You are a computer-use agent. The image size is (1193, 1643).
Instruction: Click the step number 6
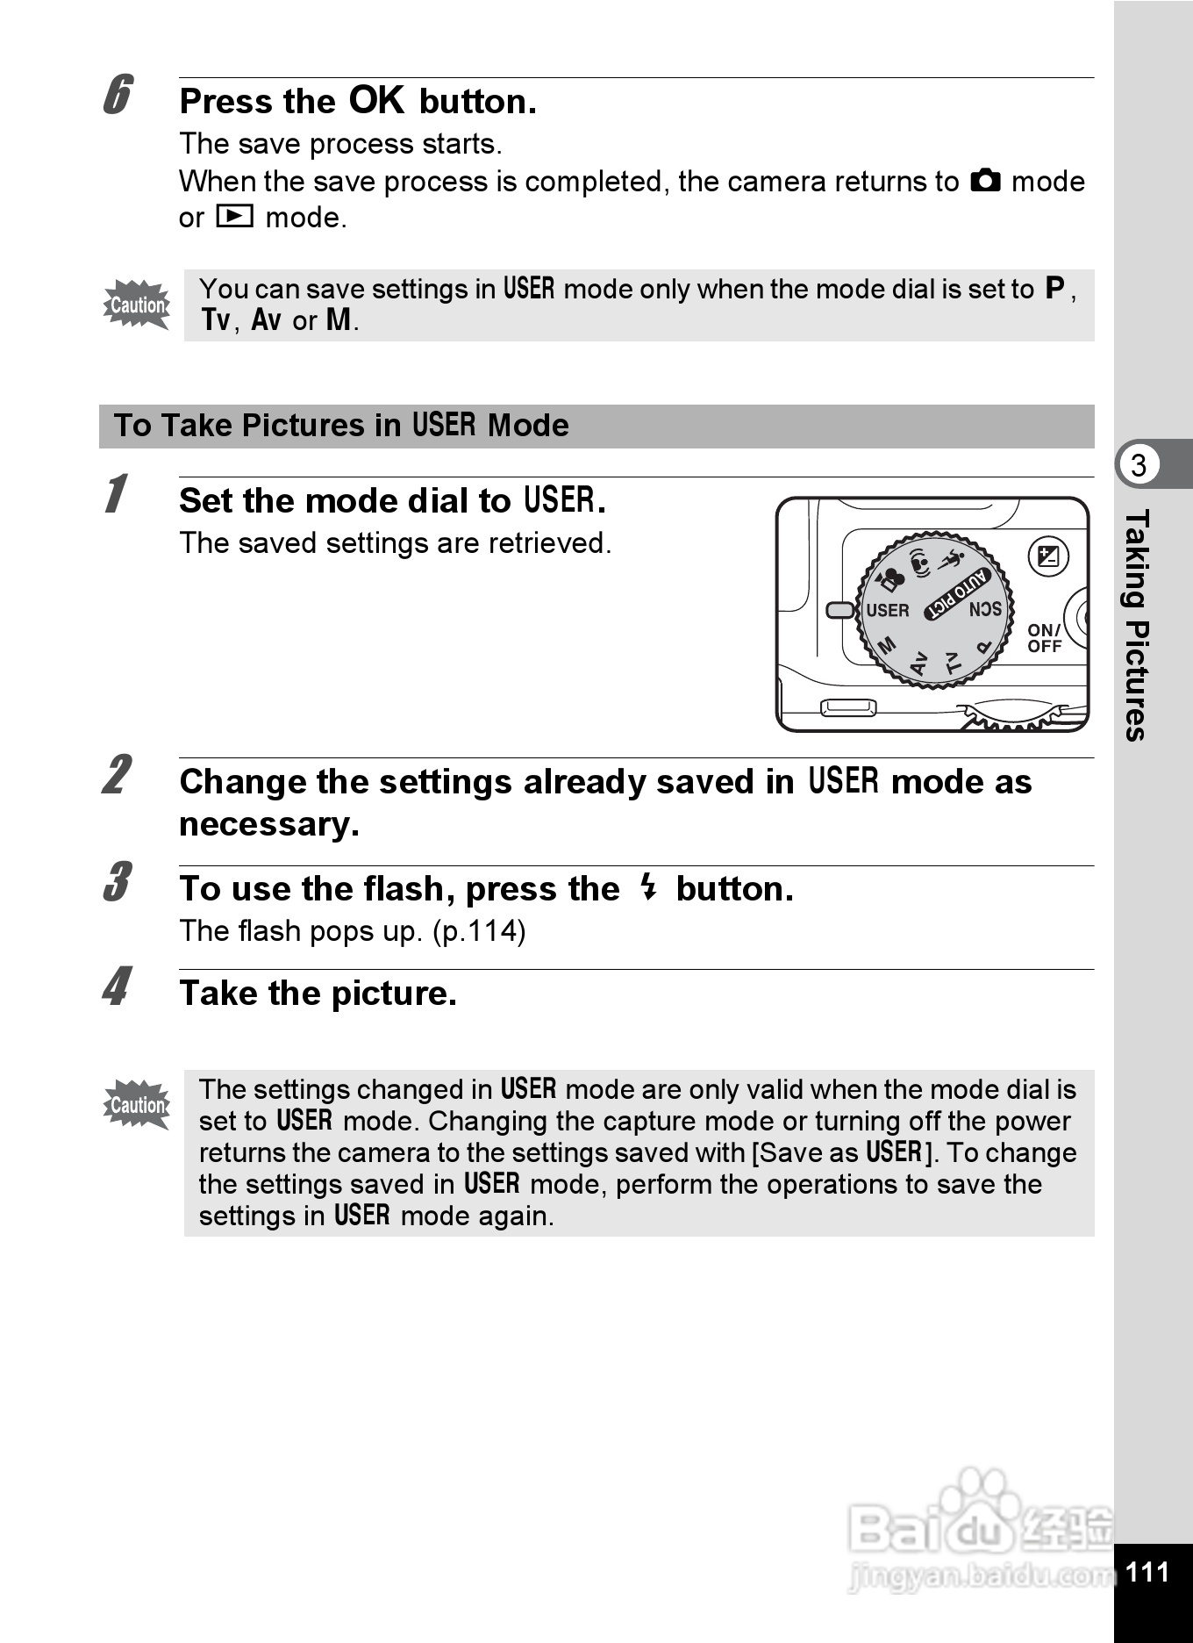118,96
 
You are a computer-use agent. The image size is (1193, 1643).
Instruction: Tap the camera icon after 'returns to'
985,181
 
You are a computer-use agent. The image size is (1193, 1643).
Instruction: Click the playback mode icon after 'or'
234,216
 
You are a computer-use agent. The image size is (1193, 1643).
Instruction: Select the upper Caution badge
137,305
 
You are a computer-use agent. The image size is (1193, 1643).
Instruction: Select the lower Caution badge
137,1104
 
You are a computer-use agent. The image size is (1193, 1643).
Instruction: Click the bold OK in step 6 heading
376,100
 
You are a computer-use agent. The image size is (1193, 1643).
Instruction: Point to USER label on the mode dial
887,610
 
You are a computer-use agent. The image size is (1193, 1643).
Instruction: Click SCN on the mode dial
985,609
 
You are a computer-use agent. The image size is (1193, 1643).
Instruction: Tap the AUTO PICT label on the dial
958,593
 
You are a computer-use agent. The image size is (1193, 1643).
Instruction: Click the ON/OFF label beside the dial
1044,638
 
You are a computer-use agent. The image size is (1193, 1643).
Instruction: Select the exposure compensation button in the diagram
1048,556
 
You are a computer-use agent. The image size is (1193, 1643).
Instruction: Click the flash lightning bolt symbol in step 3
647,887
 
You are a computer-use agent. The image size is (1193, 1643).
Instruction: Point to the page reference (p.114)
479,930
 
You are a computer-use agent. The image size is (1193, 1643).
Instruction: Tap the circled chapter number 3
1139,464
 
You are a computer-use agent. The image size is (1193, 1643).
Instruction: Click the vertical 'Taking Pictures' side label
1136,625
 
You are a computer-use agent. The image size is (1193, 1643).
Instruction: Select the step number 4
117,987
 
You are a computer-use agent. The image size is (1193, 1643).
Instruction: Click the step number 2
117,775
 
